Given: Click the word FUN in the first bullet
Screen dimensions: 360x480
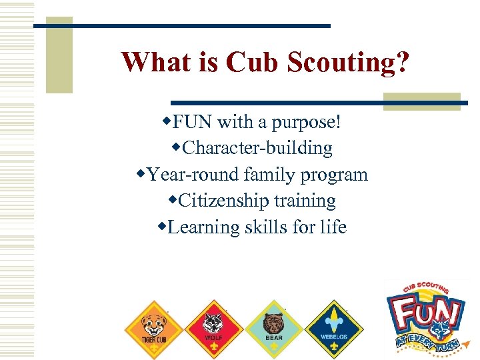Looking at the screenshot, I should [193, 122].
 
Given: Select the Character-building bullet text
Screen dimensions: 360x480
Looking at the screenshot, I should [257, 148].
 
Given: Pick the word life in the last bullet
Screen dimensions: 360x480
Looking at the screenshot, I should [333, 227].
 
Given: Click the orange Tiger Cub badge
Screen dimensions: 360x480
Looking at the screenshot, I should [154, 327].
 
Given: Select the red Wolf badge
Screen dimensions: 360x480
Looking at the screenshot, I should [213, 327].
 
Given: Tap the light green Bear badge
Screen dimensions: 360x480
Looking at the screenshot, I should [273, 327].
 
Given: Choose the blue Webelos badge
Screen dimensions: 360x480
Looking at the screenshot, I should [333, 327].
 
